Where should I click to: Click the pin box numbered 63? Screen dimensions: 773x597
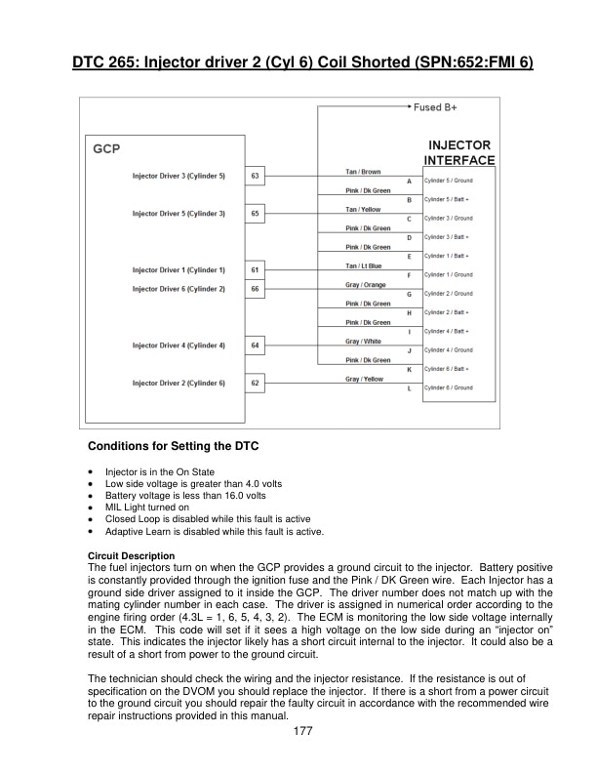(x=255, y=177)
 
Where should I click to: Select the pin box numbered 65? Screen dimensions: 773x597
(x=255, y=213)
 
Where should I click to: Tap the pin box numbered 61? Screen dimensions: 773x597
(x=255, y=269)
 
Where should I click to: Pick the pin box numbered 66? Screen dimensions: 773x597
(x=255, y=289)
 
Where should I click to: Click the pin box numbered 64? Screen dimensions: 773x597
(x=255, y=346)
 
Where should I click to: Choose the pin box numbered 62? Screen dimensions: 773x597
(x=255, y=384)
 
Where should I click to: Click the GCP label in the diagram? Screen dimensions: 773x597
(x=106, y=151)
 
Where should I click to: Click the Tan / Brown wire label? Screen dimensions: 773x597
(x=363, y=172)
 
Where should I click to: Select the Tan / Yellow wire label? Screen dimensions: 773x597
(x=363, y=209)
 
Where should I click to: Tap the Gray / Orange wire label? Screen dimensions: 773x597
(x=365, y=285)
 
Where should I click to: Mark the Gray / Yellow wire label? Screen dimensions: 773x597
(x=364, y=380)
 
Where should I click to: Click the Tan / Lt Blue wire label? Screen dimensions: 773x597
(x=364, y=265)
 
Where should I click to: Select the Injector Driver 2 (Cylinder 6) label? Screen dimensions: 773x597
(x=179, y=384)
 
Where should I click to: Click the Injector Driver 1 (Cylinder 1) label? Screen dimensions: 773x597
(x=179, y=269)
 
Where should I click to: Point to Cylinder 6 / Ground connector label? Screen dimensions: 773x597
(x=449, y=388)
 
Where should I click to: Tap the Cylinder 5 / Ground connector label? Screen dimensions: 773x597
(x=449, y=181)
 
